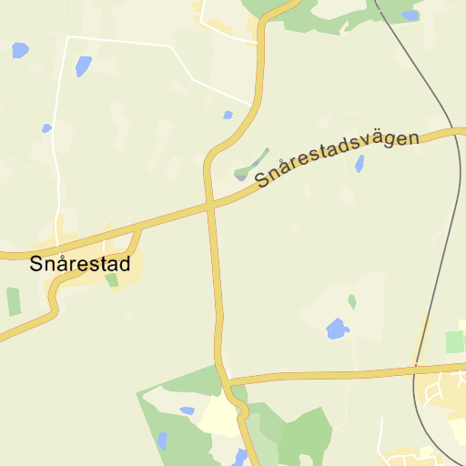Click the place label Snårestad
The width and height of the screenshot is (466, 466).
pyautogui.click(x=80, y=265)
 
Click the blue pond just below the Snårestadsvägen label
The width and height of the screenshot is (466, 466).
pyautogui.click(x=360, y=164)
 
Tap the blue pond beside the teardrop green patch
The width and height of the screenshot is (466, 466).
pyautogui.click(x=337, y=329)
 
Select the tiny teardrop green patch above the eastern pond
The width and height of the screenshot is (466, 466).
pyautogui.click(x=352, y=301)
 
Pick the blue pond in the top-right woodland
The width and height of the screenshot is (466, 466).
pyautogui.click(x=410, y=15)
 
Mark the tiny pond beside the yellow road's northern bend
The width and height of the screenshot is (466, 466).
pyautogui.click(x=228, y=115)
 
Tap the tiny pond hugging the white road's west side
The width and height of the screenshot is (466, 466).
pyautogui.click(x=46, y=128)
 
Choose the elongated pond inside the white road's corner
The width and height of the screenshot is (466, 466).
pyautogui.click(x=84, y=66)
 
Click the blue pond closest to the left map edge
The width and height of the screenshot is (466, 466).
pyautogui.click(x=20, y=50)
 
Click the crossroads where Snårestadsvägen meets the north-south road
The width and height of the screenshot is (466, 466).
pyautogui.click(x=211, y=207)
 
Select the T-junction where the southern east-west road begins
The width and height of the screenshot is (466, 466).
pyautogui.click(x=229, y=380)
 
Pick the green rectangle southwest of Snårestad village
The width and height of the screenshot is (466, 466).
pyautogui.click(x=13, y=301)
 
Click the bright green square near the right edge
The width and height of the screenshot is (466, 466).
pyautogui.click(x=453, y=342)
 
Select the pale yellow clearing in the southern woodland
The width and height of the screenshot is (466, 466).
pyautogui.click(x=219, y=416)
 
